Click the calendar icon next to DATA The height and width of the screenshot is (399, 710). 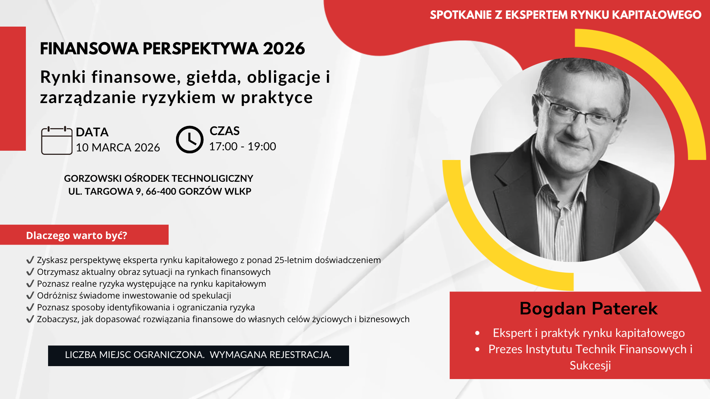pos(57,140)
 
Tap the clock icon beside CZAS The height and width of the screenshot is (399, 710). pos(190,140)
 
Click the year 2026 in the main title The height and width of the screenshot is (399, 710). pos(284,48)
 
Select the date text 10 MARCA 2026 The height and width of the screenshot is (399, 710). pos(118,147)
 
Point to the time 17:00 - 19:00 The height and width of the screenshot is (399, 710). pos(243,146)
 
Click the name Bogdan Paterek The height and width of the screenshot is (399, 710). pos(588,308)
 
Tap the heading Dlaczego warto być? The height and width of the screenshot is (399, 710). pos(77,235)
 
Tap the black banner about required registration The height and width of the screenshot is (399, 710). pos(199,356)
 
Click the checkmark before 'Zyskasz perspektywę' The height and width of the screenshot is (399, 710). pos(30,260)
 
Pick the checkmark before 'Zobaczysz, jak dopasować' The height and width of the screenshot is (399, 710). pos(30,319)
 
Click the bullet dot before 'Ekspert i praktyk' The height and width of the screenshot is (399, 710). pos(477,333)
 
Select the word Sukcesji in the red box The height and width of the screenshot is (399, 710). pos(590,365)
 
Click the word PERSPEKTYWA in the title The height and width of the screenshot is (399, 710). pos(200,48)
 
